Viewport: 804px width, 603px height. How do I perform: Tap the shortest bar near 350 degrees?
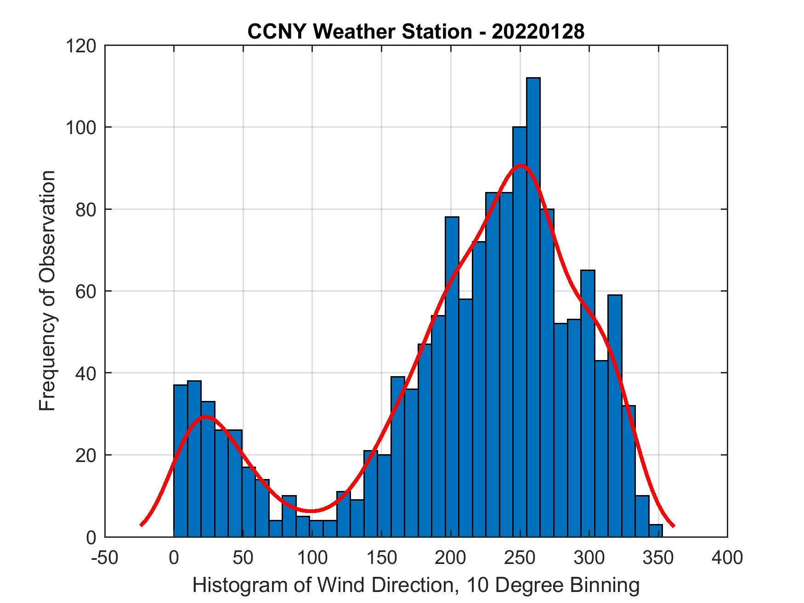656,531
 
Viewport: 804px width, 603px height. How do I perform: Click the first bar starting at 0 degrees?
181,459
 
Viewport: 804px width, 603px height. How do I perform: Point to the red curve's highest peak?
521,165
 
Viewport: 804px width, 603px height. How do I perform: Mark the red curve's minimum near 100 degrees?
312,511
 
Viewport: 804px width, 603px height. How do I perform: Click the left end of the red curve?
142,524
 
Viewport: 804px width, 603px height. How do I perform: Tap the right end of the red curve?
673,525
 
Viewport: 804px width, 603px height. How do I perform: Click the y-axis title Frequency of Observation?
47,291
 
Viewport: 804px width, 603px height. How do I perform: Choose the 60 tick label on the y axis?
86,291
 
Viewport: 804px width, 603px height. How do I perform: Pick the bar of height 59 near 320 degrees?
615,413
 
